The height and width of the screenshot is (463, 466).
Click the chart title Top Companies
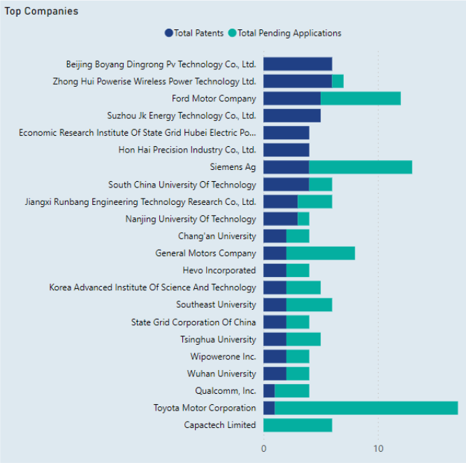pos(41,11)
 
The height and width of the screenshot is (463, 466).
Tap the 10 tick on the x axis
pos(378,448)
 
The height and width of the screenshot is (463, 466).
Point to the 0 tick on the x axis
pos(263,448)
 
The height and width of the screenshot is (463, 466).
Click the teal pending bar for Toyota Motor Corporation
pos(366,408)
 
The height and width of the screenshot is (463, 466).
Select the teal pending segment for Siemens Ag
pos(361,167)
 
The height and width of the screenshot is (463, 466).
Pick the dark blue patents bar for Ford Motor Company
pos(292,99)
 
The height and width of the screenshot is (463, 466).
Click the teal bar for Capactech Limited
pos(298,425)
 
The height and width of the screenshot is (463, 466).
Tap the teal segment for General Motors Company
pos(321,253)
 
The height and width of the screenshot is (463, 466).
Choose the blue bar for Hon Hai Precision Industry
pos(286,150)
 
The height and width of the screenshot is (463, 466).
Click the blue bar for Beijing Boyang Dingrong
pos(298,64)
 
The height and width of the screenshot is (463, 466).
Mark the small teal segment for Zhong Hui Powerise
pos(337,81)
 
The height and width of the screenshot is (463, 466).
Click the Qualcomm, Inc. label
pos(226,391)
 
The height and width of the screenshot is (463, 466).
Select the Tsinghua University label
pos(218,339)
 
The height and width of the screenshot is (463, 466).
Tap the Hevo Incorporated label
pos(219,271)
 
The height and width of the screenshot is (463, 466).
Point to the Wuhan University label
pos(221,373)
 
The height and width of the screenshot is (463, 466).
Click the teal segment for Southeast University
pos(309,305)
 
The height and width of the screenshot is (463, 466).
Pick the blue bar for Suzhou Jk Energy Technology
pos(292,115)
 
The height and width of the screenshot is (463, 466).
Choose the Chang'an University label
pos(217,236)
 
